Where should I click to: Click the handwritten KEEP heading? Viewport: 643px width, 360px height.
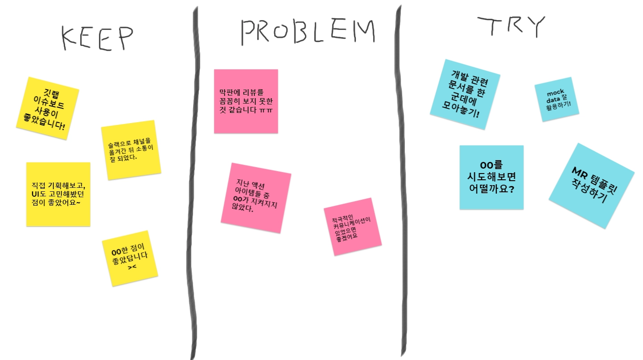tap(97, 38)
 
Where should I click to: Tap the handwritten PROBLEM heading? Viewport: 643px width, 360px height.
tap(307, 31)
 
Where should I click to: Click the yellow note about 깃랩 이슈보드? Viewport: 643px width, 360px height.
tap(47, 108)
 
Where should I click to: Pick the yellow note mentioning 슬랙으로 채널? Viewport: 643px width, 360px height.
tap(131, 150)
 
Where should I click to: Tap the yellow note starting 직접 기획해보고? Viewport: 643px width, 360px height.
tap(58, 194)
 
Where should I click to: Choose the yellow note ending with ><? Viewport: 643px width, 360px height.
tap(130, 258)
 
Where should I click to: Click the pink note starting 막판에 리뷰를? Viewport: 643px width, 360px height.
tap(246, 101)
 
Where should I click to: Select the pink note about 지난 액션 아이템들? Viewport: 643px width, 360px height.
tap(256, 198)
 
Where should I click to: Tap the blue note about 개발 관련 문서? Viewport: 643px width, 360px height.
tap(465, 94)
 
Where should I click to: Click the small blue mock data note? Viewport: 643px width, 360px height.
tap(556, 99)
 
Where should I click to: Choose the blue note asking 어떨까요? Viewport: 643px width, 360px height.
tap(491, 177)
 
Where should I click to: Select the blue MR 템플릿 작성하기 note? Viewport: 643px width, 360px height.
tap(591, 186)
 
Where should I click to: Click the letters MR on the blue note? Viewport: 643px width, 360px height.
tap(579, 172)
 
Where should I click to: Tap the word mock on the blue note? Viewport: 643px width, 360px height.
tap(555, 93)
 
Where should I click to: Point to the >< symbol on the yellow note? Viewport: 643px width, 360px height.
tap(132, 267)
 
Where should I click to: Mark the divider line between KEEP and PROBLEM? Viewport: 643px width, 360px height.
tap(193, 178)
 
